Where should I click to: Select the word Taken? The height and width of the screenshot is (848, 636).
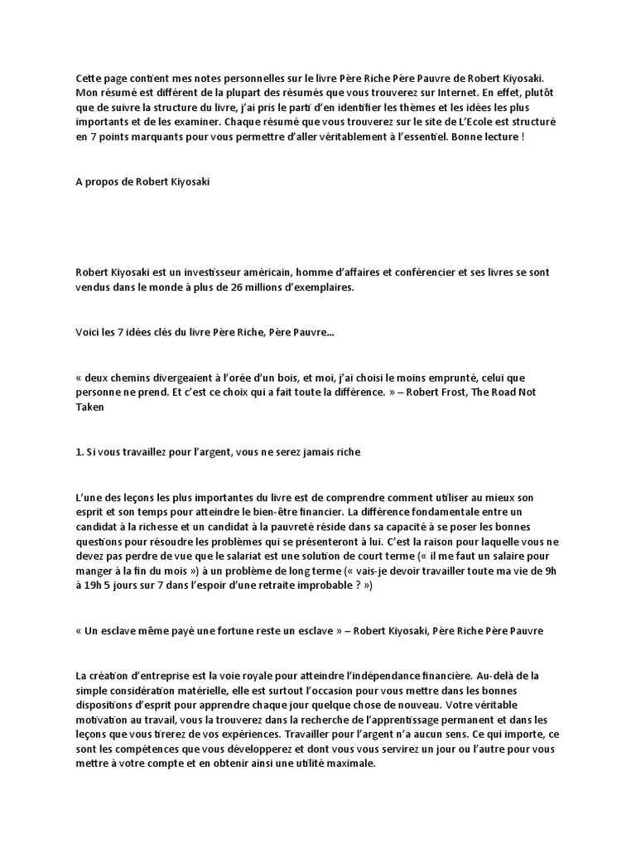[89, 407]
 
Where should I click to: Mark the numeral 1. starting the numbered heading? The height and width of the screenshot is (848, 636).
[79, 452]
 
